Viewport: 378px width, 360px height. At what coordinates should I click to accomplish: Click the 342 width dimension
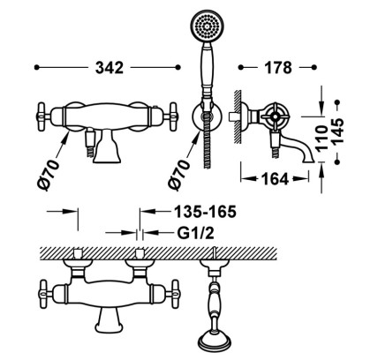110,68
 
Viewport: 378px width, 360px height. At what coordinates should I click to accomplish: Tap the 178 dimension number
278,68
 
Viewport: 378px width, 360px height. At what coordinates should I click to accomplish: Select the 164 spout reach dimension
275,179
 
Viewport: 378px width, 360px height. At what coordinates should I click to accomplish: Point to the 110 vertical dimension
321,139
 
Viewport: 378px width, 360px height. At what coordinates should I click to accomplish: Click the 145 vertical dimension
338,131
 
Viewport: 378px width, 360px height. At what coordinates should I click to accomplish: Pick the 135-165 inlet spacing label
206,212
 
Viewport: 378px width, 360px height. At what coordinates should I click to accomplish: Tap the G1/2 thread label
195,233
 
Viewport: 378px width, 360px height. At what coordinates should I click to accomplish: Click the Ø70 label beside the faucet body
49,176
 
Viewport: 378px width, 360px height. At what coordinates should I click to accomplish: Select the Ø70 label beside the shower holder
178,176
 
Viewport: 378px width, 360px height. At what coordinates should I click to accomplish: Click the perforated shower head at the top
206,26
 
